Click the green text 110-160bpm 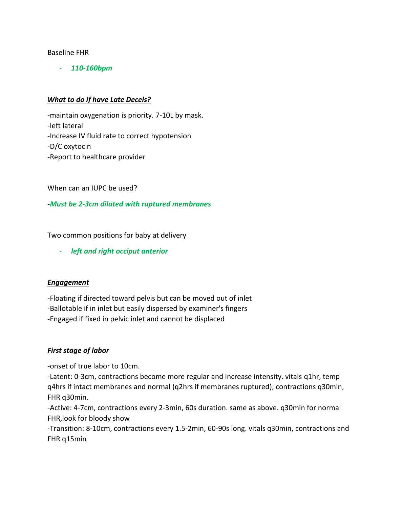[x=91, y=68]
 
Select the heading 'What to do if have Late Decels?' [x=99, y=100]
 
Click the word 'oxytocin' [x=77, y=146]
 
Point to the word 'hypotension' [x=171, y=136]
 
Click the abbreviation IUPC [x=99, y=188]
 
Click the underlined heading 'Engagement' [x=68, y=282]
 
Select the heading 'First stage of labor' [x=78, y=350]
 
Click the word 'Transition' [x=66, y=428]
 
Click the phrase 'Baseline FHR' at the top [x=68, y=53]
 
